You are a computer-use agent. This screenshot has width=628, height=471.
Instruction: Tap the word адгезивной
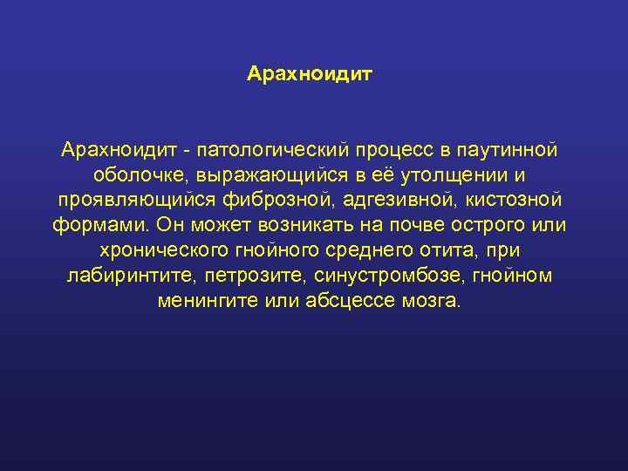pyautogui.click(x=392, y=200)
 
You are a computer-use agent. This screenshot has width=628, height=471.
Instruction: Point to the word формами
pyautogui.click(x=100, y=225)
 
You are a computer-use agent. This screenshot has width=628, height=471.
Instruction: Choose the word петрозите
pyautogui.click(x=244, y=276)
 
